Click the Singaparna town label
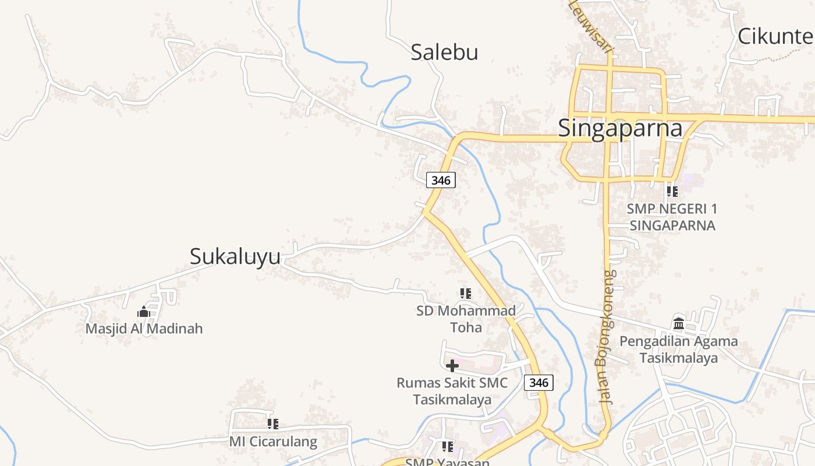click(620, 128)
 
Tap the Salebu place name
click(444, 52)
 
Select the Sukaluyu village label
click(235, 256)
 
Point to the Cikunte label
click(775, 36)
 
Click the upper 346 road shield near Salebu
click(441, 181)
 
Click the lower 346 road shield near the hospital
click(538, 383)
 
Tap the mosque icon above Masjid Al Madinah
click(144, 312)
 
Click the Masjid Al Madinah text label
click(144, 329)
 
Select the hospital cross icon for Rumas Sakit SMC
click(452, 366)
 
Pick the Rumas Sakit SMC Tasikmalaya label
click(452, 391)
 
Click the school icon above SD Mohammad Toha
click(465, 294)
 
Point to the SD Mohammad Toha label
click(466, 319)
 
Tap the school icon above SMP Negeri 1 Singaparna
click(672, 191)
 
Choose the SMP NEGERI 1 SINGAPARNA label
click(672, 217)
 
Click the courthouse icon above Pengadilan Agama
click(679, 323)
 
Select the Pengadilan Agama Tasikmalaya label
click(679, 349)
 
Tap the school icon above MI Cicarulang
click(272, 424)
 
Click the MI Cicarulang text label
click(273, 441)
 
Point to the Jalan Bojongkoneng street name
click(606, 338)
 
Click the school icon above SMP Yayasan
click(447, 447)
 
